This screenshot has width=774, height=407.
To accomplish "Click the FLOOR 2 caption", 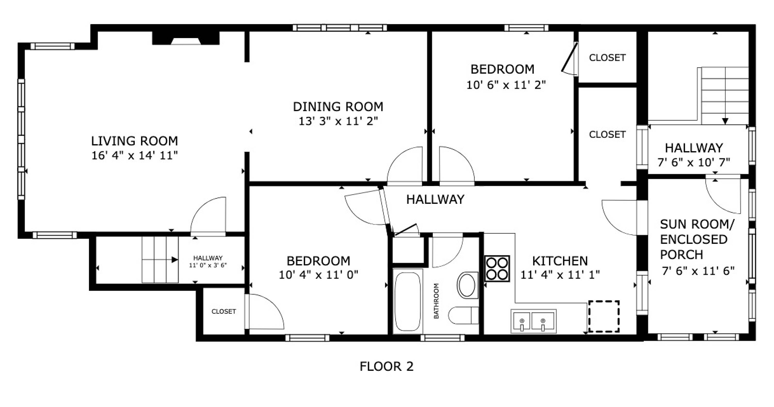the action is [386, 367].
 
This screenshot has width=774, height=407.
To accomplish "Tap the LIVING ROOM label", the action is [135, 141].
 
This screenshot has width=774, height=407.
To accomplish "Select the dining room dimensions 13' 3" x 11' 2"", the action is [338, 121].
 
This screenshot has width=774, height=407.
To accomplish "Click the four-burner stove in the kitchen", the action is [497, 269].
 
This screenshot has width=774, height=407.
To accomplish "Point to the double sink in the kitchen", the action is [534, 321].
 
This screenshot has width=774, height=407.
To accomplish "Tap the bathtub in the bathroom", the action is [407, 301].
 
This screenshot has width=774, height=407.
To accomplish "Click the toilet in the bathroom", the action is [463, 315].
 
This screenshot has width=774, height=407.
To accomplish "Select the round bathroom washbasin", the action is [467, 285].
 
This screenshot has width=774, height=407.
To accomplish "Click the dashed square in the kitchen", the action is [604, 316].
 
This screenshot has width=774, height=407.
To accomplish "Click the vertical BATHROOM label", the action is [436, 301].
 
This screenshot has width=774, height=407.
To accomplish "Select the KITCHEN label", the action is [560, 261].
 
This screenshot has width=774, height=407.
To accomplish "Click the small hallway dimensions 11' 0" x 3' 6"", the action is [208, 265].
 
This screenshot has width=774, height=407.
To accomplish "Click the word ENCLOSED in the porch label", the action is [694, 239].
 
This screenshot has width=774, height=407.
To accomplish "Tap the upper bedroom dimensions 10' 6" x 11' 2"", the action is [506, 85].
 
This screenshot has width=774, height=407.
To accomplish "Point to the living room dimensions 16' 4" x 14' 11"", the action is [135, 155].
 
